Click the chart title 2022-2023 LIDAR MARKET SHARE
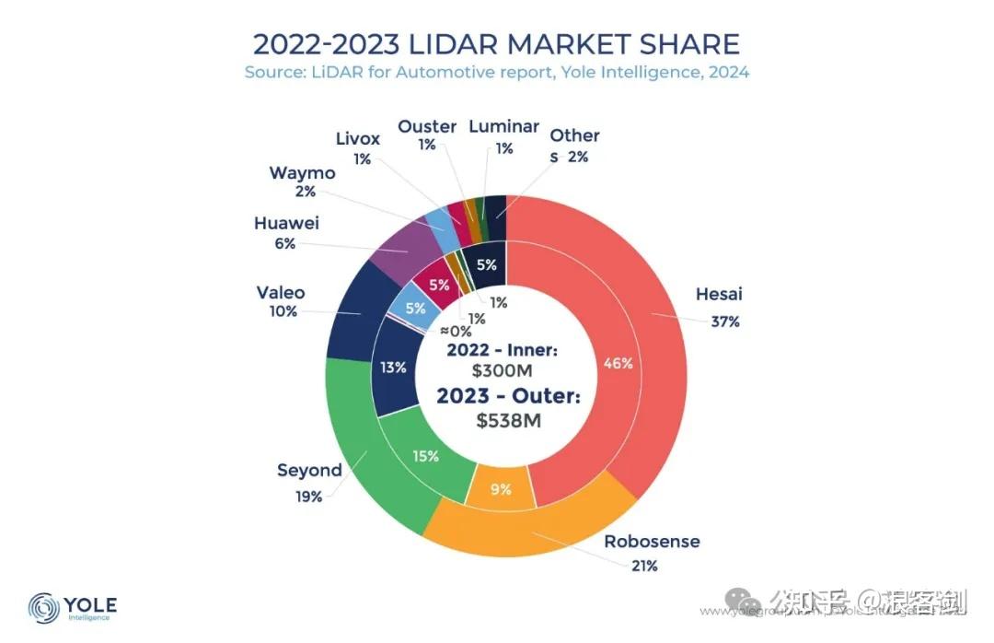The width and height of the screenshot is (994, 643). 496,43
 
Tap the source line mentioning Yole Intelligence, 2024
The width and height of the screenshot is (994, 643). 496,72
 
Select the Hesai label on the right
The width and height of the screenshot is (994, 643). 719,295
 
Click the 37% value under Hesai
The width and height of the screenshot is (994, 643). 724,321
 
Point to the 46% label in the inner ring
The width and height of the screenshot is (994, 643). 618,363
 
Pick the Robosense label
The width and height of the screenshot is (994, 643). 652,541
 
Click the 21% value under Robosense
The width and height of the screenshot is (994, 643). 644,566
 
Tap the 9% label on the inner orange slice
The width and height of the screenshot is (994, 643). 501,490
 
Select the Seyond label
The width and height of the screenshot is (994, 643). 309,470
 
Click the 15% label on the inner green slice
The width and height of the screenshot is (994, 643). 425,455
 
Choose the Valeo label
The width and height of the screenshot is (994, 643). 281,293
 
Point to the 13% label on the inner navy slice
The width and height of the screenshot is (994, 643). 393,368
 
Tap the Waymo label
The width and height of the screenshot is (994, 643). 302,173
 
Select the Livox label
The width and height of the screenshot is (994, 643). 357,139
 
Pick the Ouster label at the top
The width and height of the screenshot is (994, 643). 427,126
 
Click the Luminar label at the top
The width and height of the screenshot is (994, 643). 503,126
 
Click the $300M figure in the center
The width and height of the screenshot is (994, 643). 503,371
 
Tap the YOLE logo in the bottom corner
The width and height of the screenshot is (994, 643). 73,607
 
